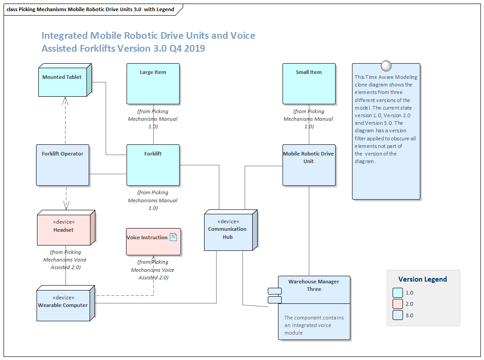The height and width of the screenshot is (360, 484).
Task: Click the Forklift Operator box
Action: coord(62,165)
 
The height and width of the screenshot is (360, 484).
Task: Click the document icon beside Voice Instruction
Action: coord(173,237)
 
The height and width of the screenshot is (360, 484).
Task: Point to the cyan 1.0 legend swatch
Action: coord(398,293)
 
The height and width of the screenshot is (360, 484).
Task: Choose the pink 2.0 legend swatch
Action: coord(398,304)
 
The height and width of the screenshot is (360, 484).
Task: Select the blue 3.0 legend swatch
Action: coord(398,315)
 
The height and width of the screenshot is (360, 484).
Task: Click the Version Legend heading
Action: coord(422,279)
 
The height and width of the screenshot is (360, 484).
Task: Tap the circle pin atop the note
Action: coord(386,66)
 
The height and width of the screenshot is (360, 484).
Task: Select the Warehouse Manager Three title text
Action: coord(314,285)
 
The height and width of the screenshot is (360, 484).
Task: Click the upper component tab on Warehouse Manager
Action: coord(275,291)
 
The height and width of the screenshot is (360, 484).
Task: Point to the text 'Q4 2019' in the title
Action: coord(187,48)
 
